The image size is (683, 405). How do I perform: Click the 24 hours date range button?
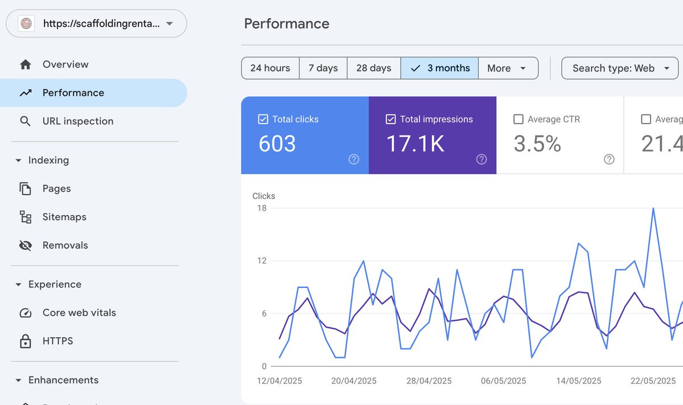coord(270,68)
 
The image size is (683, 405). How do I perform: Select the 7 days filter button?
coord(323,68)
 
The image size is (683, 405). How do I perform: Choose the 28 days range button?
coord(374,68)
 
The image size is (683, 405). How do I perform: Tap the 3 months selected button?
coord(440,68)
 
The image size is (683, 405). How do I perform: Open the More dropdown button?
coord(508,68)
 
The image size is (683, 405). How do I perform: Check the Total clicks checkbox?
coord(263,119)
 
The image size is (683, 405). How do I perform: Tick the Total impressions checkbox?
coord(390,119)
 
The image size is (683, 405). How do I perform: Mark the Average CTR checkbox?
coord(519,119)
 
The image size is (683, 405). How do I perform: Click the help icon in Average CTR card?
coord(609,159)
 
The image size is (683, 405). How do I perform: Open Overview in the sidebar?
coord(65,64)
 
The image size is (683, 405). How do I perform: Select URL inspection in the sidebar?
coord(78,121)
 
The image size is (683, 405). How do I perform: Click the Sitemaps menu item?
coord(64,217)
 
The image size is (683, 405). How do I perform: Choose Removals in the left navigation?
coord(65,245)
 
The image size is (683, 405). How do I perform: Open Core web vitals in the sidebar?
coord(79,312)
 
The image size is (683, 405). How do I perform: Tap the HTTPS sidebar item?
coord(57,341)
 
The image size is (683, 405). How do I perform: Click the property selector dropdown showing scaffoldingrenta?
coord(96,23)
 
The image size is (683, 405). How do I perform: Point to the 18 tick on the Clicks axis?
coord(262,208)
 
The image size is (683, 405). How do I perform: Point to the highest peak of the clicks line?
coord(653,208)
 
